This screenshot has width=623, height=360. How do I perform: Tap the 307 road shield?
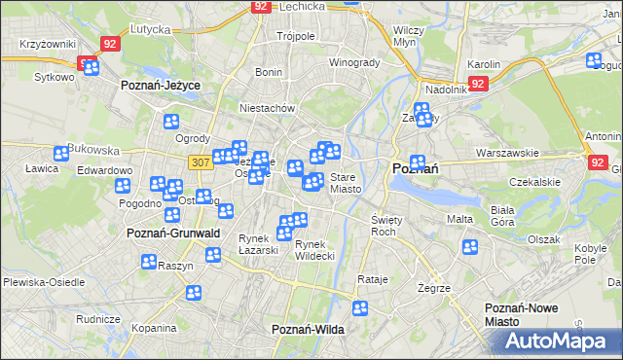pos(200,162)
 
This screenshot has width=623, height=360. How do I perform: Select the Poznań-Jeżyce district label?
pos(161,86)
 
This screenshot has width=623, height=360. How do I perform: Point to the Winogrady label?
pos(354,62)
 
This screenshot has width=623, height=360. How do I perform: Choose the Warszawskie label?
pos(507,153)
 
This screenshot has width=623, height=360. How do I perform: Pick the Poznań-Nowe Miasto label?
pos(522,314)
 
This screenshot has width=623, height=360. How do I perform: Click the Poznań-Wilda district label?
pos(308,330)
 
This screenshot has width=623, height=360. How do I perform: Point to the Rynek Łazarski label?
pos(259,244)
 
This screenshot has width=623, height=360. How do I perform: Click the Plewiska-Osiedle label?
pos(38,282)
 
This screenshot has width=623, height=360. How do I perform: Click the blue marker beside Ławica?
pos(61,153)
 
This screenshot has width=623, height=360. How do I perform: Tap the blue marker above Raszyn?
pos(149,261)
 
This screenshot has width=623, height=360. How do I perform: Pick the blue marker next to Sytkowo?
pos(89,67)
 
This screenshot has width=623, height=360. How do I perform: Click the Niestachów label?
pos(267,108)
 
